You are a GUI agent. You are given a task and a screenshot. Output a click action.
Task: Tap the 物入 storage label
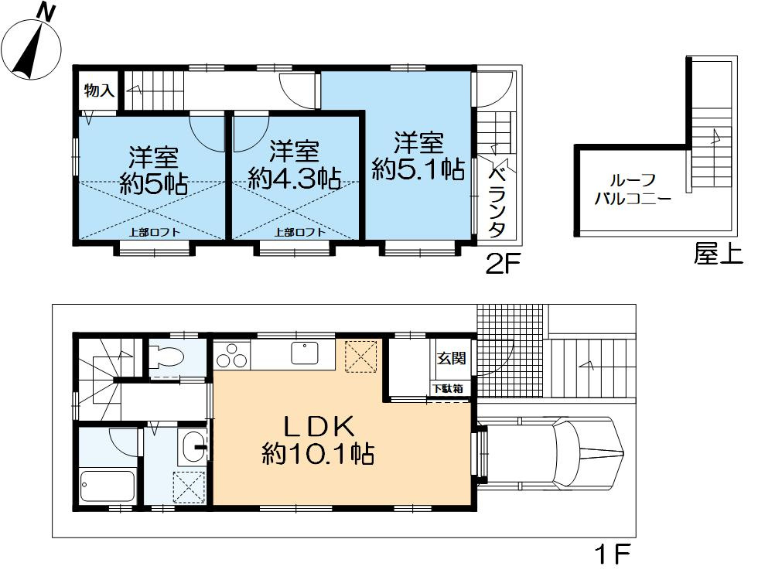99,90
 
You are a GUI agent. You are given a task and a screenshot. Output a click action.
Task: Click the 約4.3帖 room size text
295,179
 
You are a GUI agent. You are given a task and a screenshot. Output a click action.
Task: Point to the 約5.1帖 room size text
418,169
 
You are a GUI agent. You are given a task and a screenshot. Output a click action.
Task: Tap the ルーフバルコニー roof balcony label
631,188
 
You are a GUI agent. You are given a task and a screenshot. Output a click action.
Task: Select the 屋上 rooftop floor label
718,254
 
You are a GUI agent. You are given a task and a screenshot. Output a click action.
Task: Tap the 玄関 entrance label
452,359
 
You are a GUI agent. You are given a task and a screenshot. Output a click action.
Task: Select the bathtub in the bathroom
108,485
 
